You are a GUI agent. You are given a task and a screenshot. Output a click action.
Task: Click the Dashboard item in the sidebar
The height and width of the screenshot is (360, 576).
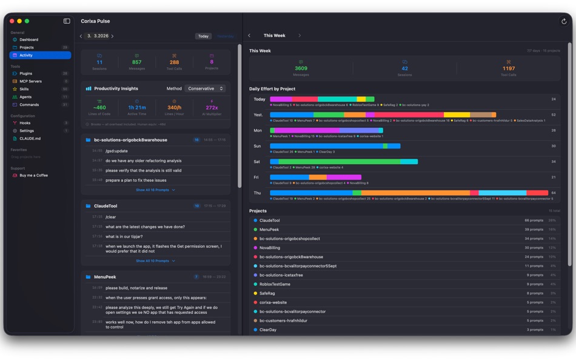point(28,39)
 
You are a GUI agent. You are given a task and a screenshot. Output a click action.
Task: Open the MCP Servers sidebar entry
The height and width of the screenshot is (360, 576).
point(30,81)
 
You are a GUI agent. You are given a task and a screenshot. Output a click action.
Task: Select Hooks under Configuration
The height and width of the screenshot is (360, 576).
point(25,123)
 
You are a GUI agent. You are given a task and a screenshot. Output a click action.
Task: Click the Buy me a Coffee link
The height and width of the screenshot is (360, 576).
point(33,175)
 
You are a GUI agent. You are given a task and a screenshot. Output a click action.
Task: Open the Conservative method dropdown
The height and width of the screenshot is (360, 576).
point(205,88)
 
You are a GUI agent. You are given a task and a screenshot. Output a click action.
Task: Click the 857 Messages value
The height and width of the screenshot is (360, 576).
point(137,62)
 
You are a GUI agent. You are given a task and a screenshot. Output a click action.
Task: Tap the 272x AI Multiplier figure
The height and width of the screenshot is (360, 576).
point(212,108)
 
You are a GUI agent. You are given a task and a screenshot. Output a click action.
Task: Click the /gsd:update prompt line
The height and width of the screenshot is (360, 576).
point(116,151)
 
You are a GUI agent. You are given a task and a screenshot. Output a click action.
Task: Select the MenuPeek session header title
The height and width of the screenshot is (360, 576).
point(105,277)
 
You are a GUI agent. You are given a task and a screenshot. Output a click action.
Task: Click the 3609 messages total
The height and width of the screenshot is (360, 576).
point(301,68)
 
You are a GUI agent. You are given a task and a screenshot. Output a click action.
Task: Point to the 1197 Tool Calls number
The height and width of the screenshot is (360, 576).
point(508,68)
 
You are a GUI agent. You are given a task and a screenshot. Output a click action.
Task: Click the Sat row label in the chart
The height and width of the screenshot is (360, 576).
point(257,162)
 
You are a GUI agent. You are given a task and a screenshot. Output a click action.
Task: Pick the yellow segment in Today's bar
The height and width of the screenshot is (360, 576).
point(361,99)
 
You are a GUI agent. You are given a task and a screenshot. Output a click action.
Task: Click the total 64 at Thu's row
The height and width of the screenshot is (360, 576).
point(553,193)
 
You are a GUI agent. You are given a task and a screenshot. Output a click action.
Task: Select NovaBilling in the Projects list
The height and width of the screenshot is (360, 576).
point(270,248)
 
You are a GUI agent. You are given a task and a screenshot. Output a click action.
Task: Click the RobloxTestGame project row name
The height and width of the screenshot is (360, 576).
point(275,284)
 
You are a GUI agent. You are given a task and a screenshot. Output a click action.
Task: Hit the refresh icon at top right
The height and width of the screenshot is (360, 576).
point(564,21)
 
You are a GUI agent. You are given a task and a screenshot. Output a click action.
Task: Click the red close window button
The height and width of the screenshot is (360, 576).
point(12,21)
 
